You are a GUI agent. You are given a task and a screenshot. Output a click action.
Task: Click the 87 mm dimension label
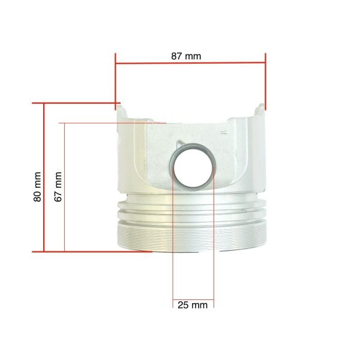pyautogui.click(x=186, y=56)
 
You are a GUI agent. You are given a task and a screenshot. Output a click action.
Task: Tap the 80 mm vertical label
pyautogui.click(x=37, y=187)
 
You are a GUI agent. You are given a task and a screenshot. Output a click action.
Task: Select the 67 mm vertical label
pyautogui.click(x=58, y=187)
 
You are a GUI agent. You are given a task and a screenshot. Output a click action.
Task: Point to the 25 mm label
pyautogui.click(x=193, y=305)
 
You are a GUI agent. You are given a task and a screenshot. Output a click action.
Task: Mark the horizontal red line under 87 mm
pyautogui.click(x=191, y=62)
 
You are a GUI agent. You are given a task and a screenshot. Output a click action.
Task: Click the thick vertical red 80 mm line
pyautogui.click(x=43, y=177)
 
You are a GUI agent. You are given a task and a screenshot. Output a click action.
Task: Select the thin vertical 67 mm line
pyautogui.click(x=65, y=187)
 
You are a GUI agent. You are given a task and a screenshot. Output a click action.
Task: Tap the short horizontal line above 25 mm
pyautogui.click(x=193, y=299)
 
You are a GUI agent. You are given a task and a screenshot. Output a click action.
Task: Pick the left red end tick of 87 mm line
pyautogui.click(x=115, y=82)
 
